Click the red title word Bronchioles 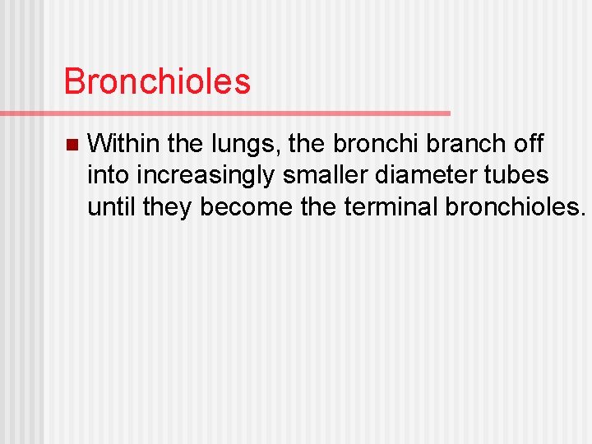[x=157, y=81]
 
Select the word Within [x=123, y=144]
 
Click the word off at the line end [x=526, y=144]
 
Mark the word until [x=112, y=206]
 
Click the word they [x=168, y=207]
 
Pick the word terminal [x=391, y=206]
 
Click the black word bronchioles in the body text [x=516, y=206]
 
